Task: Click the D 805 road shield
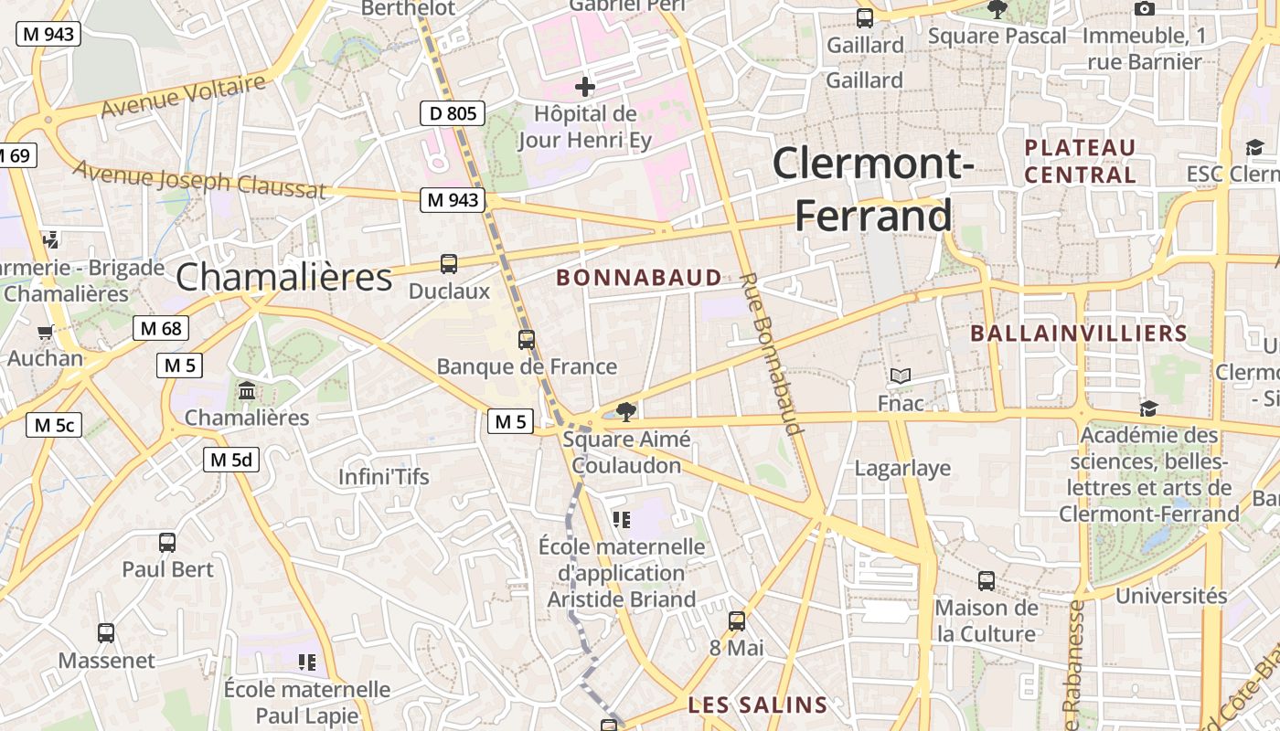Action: click(452, 113)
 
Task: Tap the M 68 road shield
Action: click(161, 328)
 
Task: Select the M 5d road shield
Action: click(230, 460)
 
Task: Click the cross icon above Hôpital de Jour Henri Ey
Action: click(585, 88)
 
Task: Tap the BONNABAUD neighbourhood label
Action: click(639, 278)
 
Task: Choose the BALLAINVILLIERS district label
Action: click(1079, 334)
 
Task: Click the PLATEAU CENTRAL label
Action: click(1081, 161)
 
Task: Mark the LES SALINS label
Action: click(758, 705)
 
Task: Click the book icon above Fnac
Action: click(901, 376)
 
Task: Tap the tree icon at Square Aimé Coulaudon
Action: click(626, 412)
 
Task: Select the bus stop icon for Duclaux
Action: click(448, 264)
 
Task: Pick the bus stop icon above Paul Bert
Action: click(167, 542)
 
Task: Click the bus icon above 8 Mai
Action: click(737, 621)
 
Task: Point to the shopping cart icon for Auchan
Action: click(45, 332)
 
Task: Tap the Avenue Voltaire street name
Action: click(184, 96)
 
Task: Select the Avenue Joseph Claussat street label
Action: click(199, 178)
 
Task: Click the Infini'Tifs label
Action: click(384, 477)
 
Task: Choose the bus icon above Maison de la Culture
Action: click(986, 580)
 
